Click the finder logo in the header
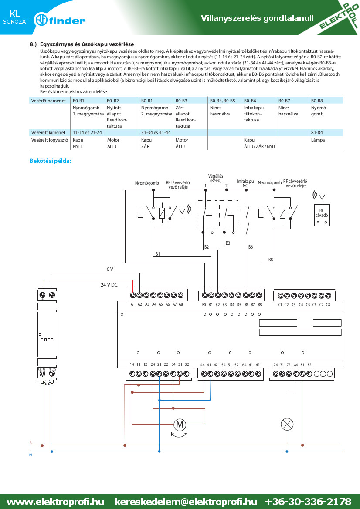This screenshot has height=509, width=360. click(60, 20)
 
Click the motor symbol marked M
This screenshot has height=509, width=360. click(180, 424)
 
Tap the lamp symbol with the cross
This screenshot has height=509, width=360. click(287, 424)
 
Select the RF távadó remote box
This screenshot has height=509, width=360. click(322, 215)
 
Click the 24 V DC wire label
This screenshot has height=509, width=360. click(109, 285)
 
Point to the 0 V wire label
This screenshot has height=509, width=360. click(110, 269)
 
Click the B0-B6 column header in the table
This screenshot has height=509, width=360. click(250, 101)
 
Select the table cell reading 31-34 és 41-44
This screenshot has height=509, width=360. click(156, 132)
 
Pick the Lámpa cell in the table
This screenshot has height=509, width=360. click(318, 140)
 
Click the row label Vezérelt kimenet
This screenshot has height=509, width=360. click(48, 132)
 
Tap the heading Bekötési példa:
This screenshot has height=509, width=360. click(51, 161)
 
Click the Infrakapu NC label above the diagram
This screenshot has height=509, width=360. click(245, 183)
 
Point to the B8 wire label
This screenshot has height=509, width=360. click(271, 260)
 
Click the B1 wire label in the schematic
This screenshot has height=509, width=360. click(158, 254)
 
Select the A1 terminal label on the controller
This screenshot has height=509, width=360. click(132, 304)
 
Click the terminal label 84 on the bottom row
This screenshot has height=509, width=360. click(296, 365)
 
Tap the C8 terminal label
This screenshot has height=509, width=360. click(328, 305)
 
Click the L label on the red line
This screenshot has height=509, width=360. click(31, 442)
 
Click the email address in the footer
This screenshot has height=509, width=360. click(186, 502)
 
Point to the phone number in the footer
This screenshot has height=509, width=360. click(308, 502)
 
